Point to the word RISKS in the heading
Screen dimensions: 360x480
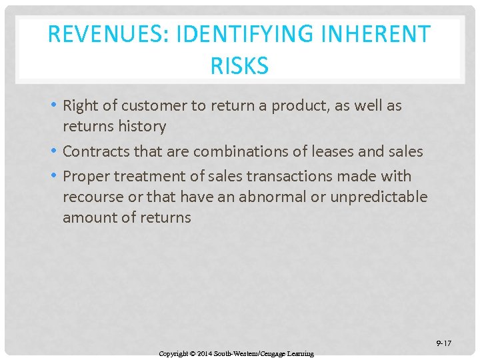pos(239,66)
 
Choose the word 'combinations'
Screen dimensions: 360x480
pos(243,151)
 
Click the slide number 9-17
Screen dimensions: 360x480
pos(443,343)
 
